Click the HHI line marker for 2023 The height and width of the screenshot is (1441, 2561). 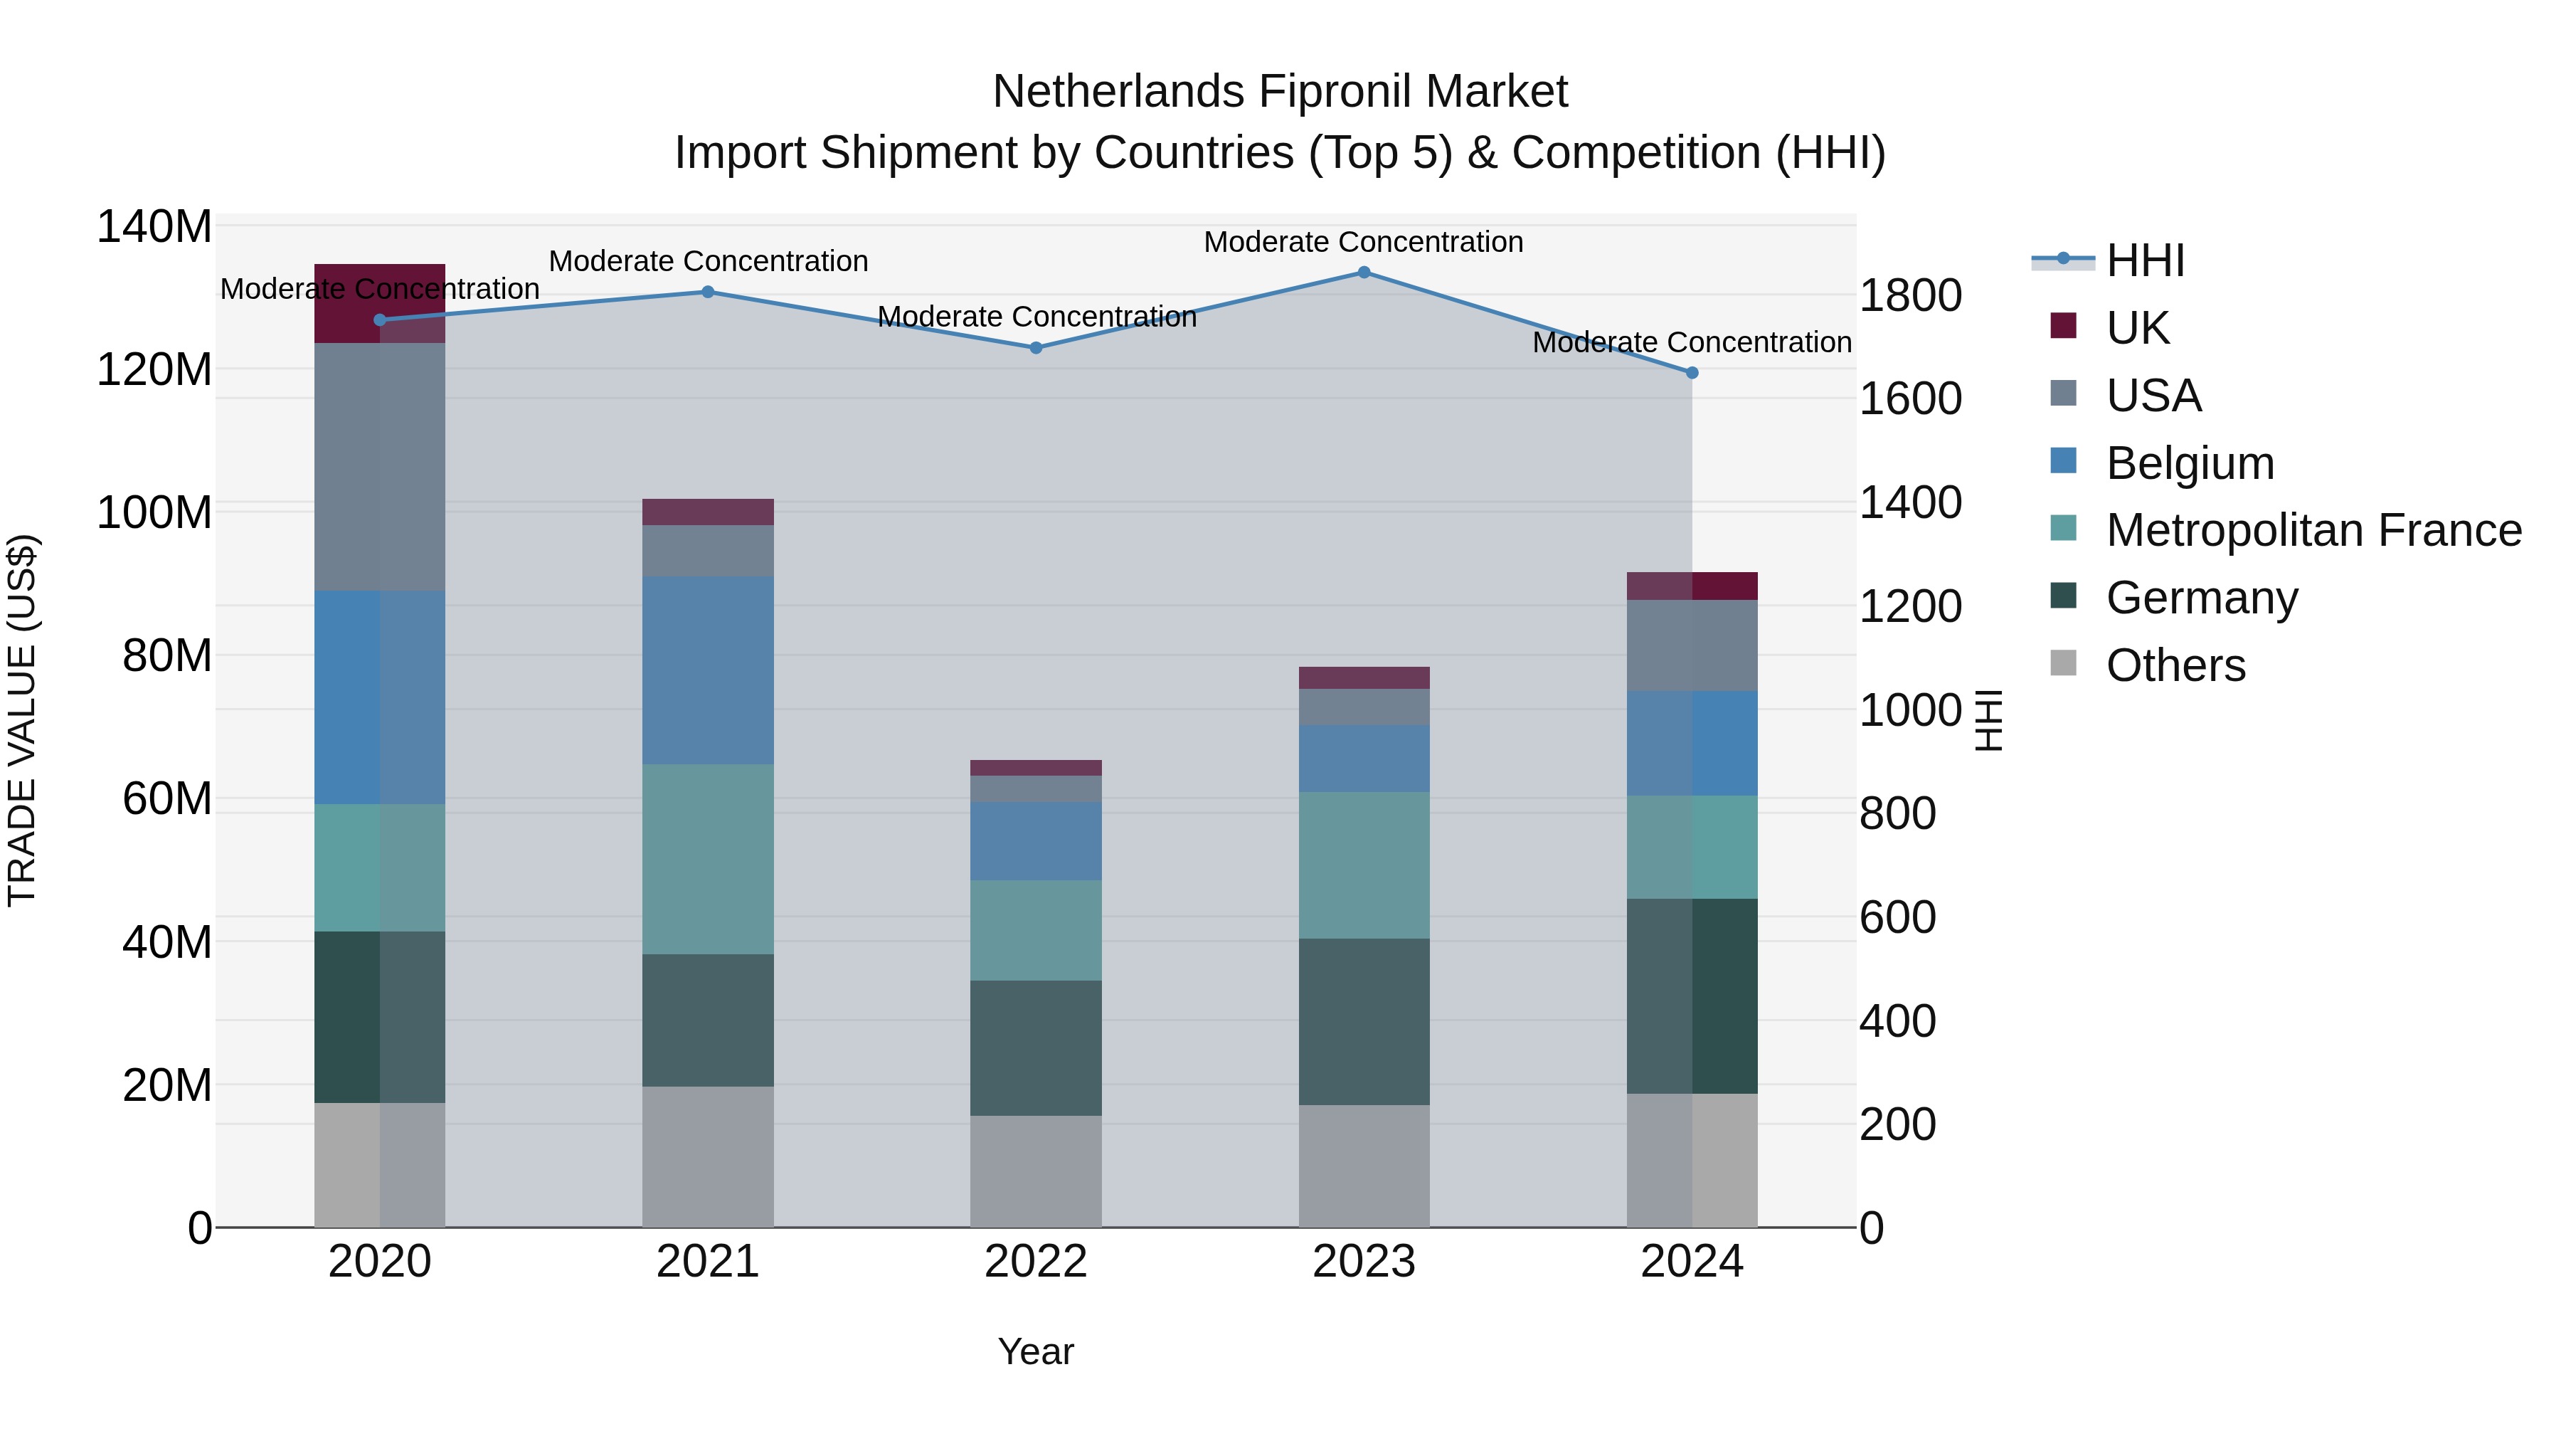tap(1364, 273)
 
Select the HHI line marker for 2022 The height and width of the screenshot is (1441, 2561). tap(1036, 348)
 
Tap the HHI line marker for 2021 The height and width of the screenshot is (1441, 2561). tap(708, 292)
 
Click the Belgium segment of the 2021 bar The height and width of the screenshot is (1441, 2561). tap(708, 670)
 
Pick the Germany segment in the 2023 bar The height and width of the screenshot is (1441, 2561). tap(1364, 1021)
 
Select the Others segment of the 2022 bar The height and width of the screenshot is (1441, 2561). tap(1036, 1171)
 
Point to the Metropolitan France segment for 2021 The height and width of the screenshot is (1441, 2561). tap(708, 859)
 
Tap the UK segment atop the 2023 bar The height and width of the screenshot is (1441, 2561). tap(1364, 678)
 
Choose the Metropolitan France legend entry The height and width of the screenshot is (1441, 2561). tap(2313, 531)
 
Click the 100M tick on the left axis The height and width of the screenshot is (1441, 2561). tap(154, 513)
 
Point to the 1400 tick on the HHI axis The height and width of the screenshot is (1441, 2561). tap(1910, 503)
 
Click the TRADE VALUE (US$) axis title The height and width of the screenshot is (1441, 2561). tap(23, 720)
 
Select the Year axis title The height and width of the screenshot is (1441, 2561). tap(1036, 1351)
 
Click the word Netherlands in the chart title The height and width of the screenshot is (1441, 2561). tap(1118, 93)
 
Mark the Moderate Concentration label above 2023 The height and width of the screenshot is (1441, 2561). tap(1363, 242)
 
